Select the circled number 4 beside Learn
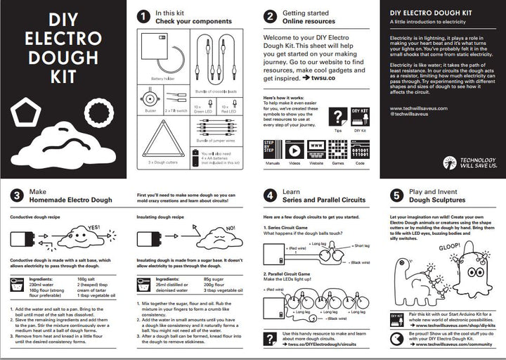270,195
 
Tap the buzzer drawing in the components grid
150,96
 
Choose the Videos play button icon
294,150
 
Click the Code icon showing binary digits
361,150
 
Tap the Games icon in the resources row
339,150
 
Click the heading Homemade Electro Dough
70,200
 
